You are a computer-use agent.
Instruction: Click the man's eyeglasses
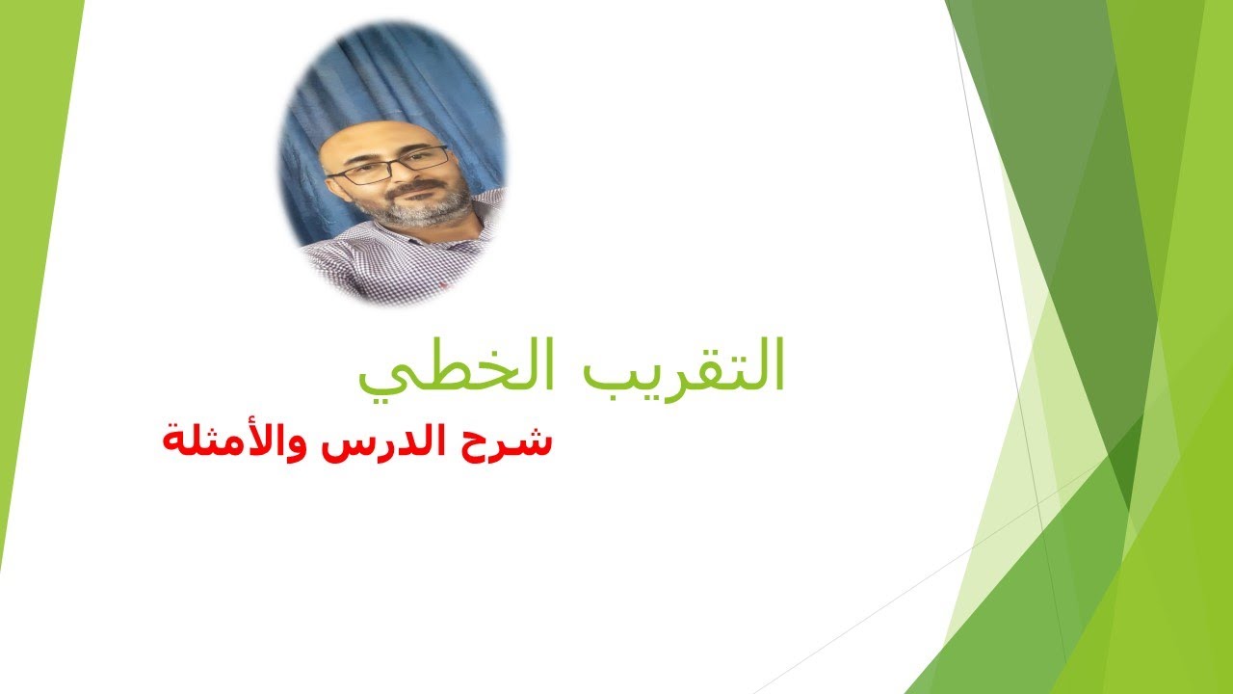pyautogui.click(x=389, y=165)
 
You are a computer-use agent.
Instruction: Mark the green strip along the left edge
pyautogui.click(x=24, y=289)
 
